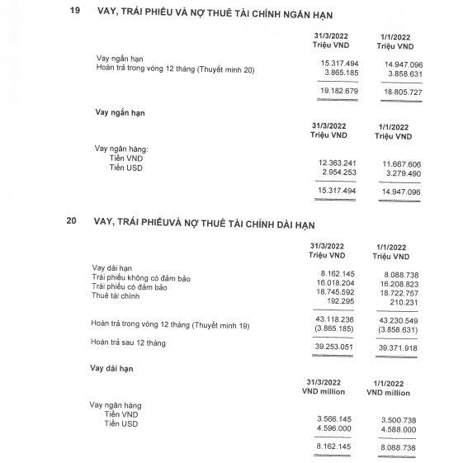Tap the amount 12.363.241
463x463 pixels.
pos(335,164)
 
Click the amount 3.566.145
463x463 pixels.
pos(335,419)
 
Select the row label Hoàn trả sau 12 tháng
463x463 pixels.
pos(135,343)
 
